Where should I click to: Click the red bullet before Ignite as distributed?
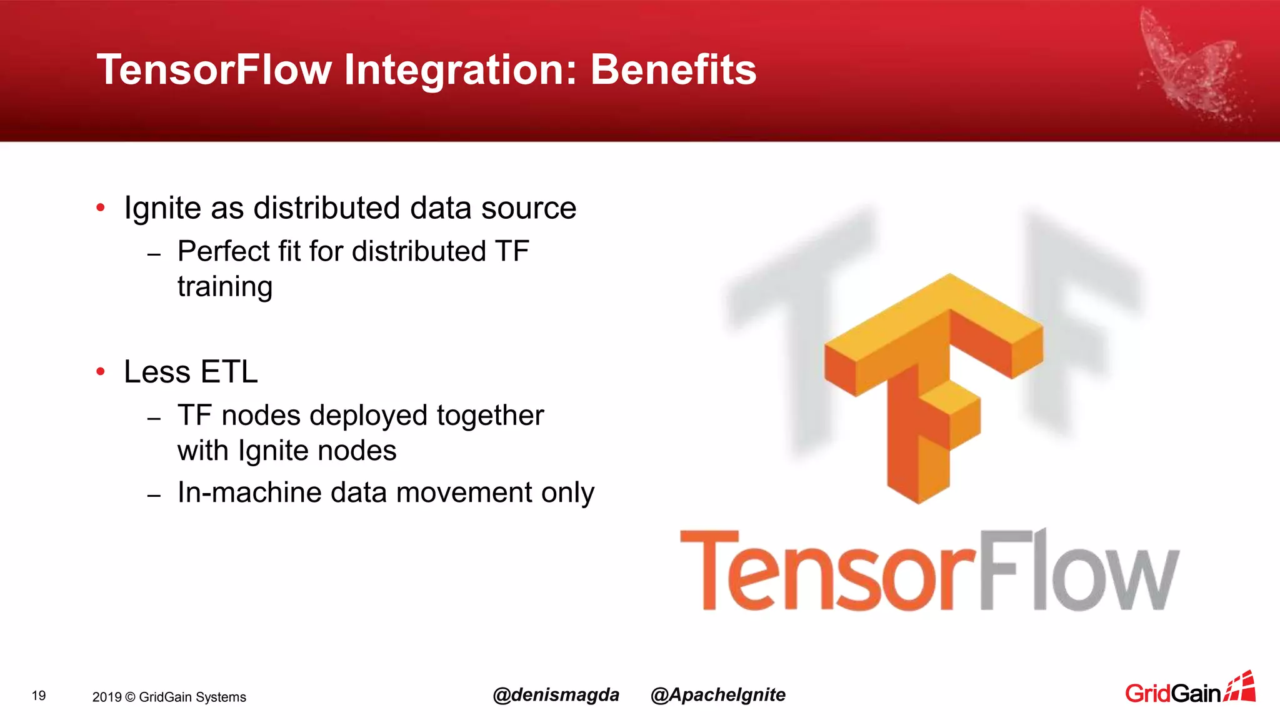101,208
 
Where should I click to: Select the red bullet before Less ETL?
101,372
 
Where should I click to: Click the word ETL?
229,372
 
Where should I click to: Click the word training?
225,287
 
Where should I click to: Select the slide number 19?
39,696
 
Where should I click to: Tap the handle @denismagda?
556,695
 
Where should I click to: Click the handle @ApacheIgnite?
717,695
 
